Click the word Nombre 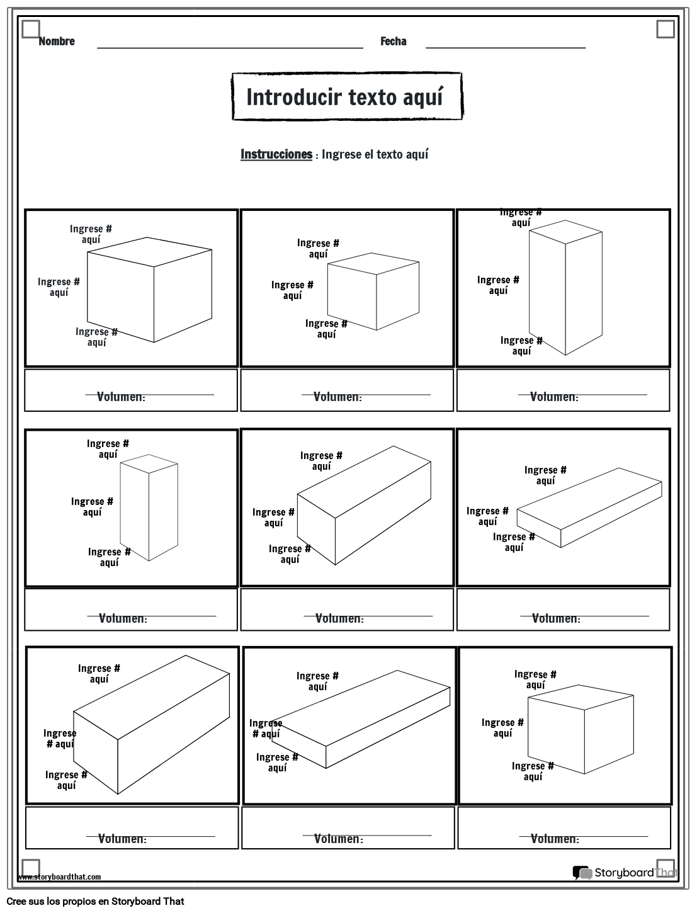57,41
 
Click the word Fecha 394,41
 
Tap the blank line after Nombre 230,48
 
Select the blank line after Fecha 506,48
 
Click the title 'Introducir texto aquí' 345,97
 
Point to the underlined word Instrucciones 276,154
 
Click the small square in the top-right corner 666,29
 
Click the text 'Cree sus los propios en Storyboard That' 95,902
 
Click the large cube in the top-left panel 150,290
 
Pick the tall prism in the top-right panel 565,287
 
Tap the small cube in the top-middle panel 373,291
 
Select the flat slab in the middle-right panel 589,508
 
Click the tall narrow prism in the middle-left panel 149,508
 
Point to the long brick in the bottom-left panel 151,725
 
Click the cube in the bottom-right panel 581,729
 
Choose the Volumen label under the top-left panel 121,397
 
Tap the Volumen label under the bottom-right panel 555,839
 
